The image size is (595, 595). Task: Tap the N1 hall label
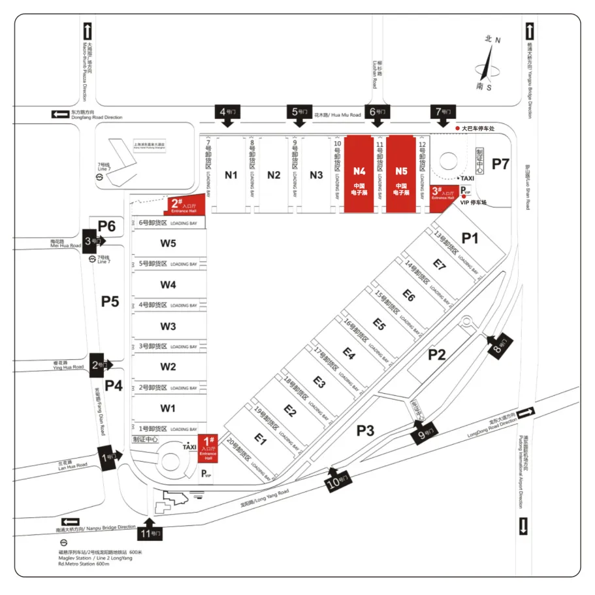point(231,174)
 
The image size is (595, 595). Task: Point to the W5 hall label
point(169,244)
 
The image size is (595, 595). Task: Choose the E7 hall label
point(439,265)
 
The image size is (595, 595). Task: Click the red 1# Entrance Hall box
point(207,448)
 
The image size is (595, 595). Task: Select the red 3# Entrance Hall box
point(442,195)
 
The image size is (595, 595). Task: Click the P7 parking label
point(500,164)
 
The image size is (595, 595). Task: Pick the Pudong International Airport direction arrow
point(524,525)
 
